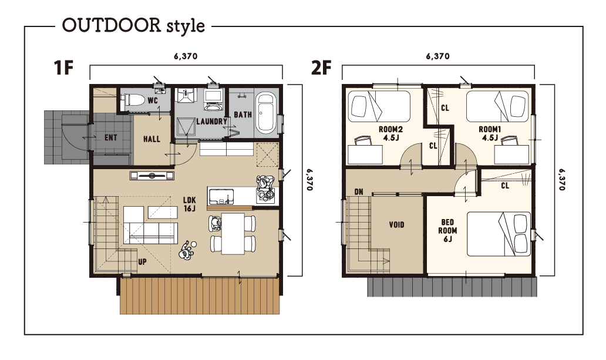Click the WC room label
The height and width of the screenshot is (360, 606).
(153, 101)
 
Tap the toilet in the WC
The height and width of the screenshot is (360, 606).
(131, 100)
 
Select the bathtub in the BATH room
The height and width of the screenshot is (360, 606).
(265, 113)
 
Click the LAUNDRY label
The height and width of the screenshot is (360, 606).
(211, 122)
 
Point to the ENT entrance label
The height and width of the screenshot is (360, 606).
(111, 137)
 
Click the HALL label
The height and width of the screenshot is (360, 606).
(151, 139)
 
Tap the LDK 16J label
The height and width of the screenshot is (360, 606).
(190, 204)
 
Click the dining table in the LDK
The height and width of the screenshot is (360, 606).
(233, 234)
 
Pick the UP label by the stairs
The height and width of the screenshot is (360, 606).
(142, 262)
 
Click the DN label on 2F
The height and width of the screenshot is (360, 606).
(359, 192)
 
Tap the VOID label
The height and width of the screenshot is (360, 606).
(396, 225)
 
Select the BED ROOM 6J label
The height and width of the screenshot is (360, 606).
(447, 230)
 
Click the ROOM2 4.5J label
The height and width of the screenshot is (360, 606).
(390, 133)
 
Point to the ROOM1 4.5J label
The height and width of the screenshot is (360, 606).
(490, 133)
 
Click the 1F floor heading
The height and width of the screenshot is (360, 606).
(64, 68)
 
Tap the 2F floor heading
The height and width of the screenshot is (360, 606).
(321, 68)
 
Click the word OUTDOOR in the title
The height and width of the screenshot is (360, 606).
(112, 25)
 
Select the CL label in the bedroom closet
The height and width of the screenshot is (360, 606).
(505, 186)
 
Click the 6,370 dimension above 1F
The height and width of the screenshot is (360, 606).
(186, 56)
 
